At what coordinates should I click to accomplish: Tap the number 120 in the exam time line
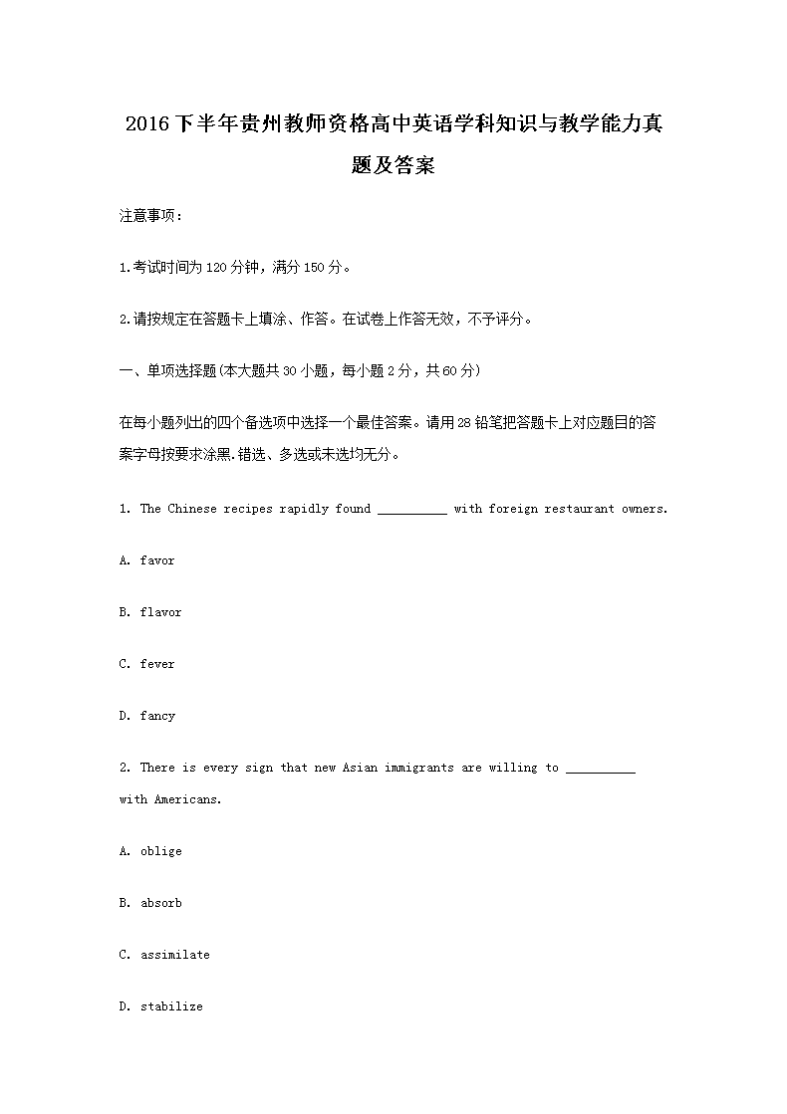tap(216, 267)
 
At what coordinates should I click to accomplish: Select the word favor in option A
tap(157, 560)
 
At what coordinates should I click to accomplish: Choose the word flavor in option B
tap(160, 612)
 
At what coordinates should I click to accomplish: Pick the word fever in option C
tap(157, 664)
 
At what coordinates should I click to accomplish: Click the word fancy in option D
tap(157, 716)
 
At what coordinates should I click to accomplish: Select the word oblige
tap(160, 851)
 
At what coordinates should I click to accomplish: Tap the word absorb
tap(160, 903)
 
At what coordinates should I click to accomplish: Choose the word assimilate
tap(174, 955)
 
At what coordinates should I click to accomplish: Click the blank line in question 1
tap(412, 511)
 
